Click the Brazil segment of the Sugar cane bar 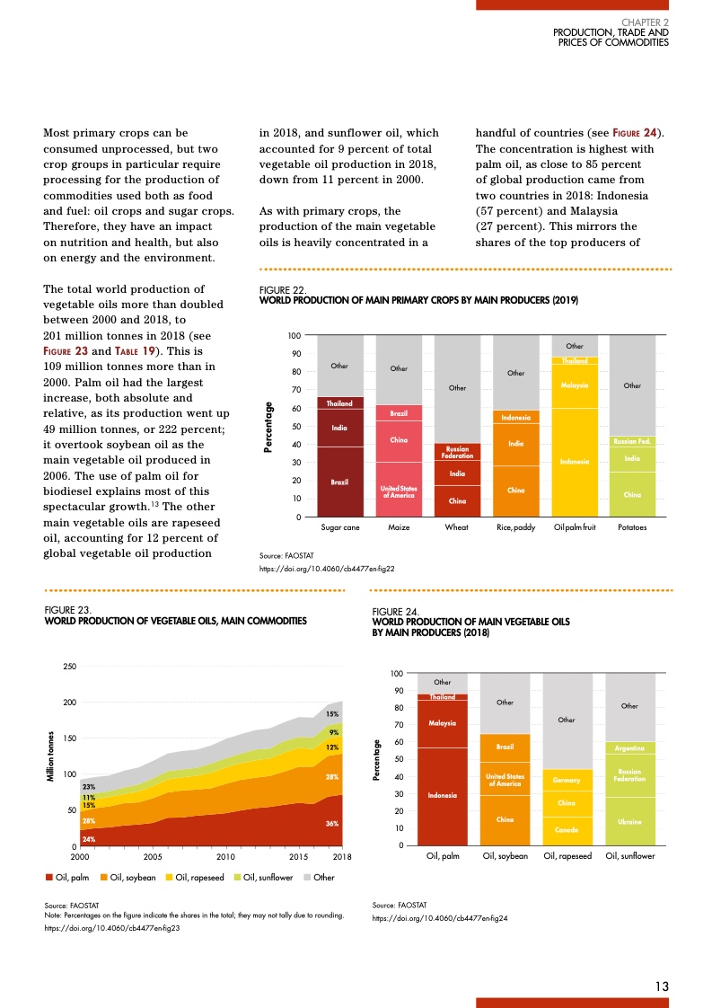click(x=339, y=482)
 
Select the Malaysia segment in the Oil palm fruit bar click(x=574, y=385)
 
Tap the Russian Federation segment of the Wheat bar click(x=457, y=451)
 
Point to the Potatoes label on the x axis click(x=631, y=528)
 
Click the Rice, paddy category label click(x=515, y=528)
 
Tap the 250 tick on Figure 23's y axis click(x=68, y=666)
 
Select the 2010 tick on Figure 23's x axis click(x=225, y=858)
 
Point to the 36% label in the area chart click(x=331, y=824)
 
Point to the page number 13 click(x=662, y=986)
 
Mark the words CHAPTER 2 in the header click(x=645, y=22)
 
